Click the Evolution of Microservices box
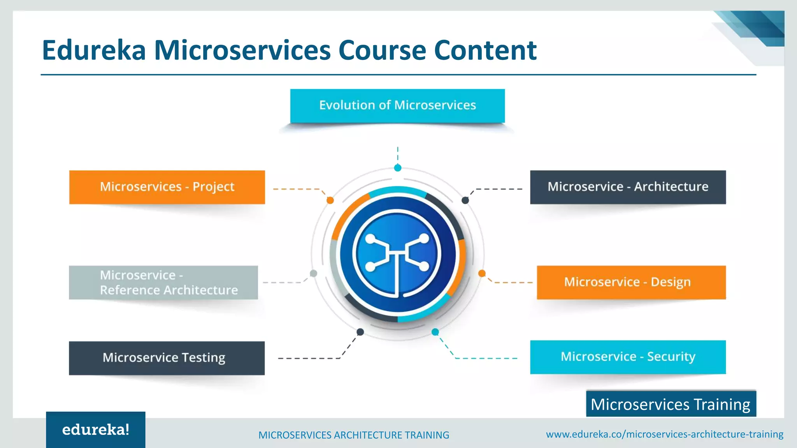[397, 106]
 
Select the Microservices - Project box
[167, 187]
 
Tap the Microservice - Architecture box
[628, 187]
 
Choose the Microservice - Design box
[631, 282]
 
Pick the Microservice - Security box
[628, 357]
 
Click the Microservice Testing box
[167, 358]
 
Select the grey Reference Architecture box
[163, 283]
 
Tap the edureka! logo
[96, 430]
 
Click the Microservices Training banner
[671, 404]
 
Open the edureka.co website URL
[664, 434]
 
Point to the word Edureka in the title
[94, 51]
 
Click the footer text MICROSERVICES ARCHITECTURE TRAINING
[353, 435]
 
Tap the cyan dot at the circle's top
[397, 168]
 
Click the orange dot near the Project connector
[330, 200]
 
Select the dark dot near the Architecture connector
[465, 200]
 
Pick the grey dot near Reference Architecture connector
[313, 273]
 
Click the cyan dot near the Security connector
[435, 332]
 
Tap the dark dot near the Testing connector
[360, 332]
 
